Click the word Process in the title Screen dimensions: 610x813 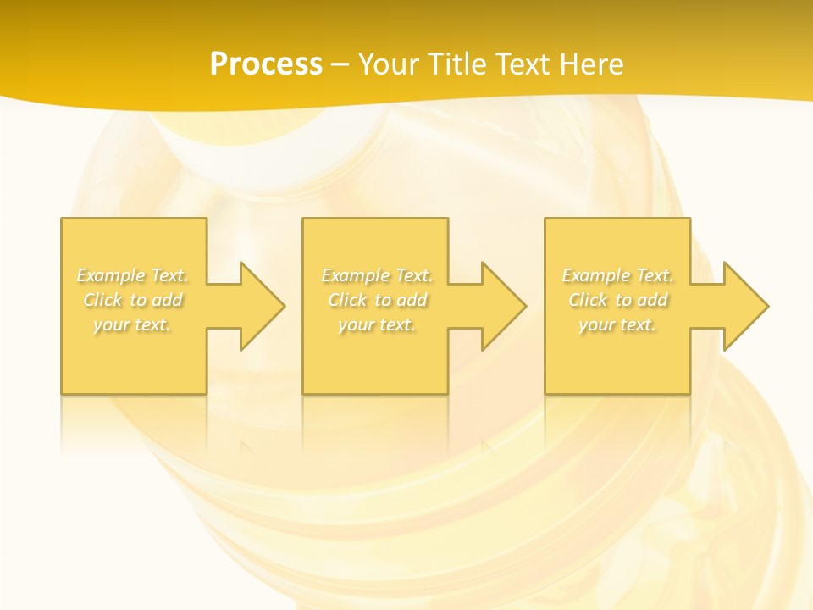coord(266,64)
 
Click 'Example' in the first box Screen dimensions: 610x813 coord(111,275)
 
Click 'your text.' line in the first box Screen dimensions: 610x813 coord(133,324)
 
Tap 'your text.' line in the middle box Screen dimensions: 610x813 coord(377,324)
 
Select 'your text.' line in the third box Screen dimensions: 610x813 coord(617,324)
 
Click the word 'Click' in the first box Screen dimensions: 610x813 coord(102,300)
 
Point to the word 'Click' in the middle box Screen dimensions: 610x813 coord(346,300)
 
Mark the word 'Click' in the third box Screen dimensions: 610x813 coord(587,300)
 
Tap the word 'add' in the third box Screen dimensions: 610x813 coord(653,300)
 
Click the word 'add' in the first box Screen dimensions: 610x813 coord(168,300)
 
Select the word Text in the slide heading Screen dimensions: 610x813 coord(522,64)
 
